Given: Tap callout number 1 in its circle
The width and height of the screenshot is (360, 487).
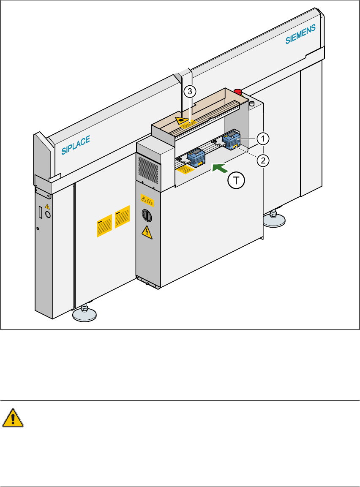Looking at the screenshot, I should (x=263, y=138).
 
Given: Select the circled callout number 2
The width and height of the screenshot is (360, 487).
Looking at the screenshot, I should (x=263, y=161).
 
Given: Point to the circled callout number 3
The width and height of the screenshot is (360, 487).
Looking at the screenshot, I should (x=190, y=91).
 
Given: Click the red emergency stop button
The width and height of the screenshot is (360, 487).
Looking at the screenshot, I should (x=237, y=91).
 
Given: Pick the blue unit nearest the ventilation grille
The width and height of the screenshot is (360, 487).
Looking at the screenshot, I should (x=196, y=157).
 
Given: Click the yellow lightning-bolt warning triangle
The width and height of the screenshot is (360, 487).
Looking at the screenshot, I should (x=146, y=232).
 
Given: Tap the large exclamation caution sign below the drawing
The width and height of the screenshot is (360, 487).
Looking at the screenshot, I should (x=13, y=419).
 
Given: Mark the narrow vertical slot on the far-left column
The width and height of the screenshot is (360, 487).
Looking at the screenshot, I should (x=41, y=212).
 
